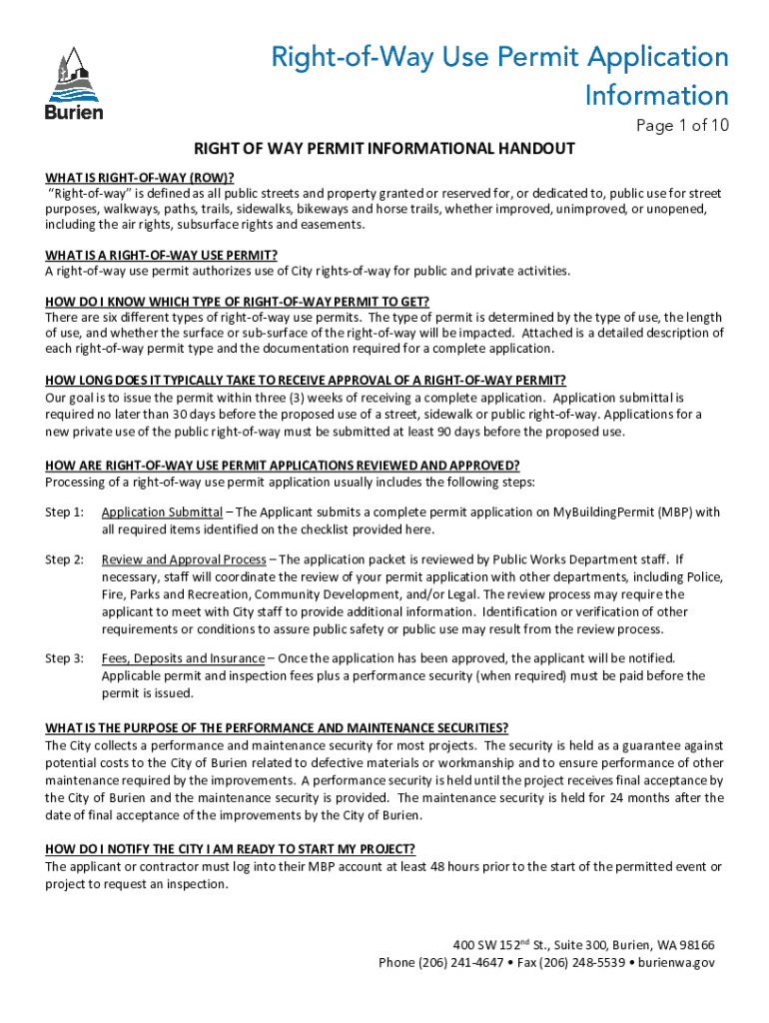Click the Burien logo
click(x=73, y=85)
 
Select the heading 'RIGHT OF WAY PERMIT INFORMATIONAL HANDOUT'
click(x=384, y=149)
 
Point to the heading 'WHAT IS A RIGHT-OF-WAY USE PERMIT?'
click(x=161, y=255)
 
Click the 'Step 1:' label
click(x=65, y=512)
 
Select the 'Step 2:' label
click(x=65, y=559)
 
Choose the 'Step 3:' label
click(x=65, y=658)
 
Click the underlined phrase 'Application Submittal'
click(x=162, y=512)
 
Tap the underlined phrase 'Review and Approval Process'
click(x=184, y=559)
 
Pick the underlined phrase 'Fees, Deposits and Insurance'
click(x=183, y=658)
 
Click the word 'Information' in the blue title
click(x=657, y=96)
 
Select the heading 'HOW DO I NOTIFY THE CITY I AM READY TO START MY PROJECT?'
click(x=230, y=849)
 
